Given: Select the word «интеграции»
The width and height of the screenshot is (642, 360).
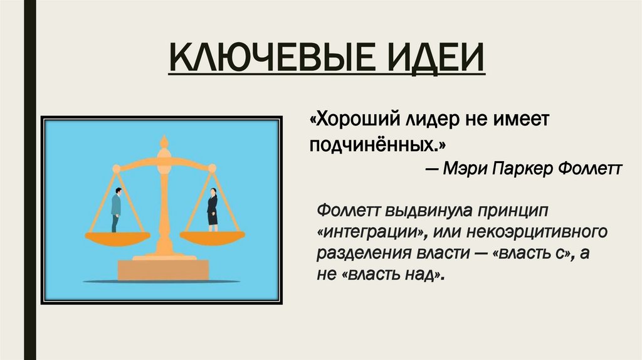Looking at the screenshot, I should point(370,231).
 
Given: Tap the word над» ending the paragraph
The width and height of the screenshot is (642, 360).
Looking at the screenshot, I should point(429,275).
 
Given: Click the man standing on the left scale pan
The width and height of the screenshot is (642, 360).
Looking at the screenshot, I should point(117,209).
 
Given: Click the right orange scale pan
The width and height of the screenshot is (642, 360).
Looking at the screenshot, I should point(213,236).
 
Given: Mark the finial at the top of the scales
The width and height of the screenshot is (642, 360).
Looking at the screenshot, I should point(164,142).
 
